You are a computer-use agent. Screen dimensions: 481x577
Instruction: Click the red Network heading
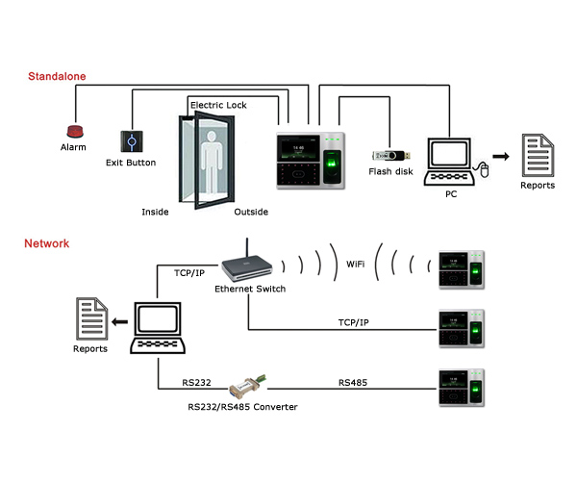(47, 243)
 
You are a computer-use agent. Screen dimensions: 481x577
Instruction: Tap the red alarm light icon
(73, 131)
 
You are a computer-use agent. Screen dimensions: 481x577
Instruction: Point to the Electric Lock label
(220, 104)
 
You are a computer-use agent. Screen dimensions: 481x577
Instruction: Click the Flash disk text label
(391, 172)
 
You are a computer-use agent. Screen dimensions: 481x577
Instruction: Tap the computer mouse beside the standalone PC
(484, 171)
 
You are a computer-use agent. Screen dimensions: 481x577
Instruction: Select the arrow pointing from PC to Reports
(500, 155)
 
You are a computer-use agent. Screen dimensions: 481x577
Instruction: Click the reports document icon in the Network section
(92, 318)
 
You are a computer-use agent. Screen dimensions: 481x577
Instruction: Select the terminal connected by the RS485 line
(459, 390)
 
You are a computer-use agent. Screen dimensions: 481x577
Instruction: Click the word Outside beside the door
(251, 212)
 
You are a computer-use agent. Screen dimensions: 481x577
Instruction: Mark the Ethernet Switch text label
(250, 289)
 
